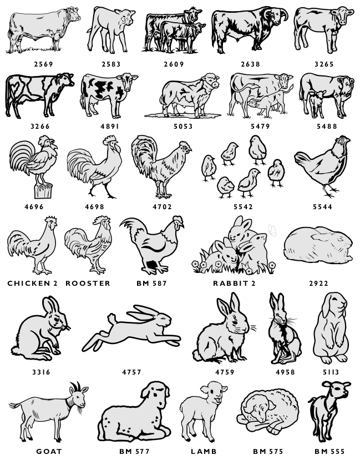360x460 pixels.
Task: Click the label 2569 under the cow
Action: pyautogui.click(x=43, y=64)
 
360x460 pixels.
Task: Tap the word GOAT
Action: pyautogui.click(x=49, y=451)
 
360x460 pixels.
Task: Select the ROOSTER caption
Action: pyautogui.click(x=88, y=283)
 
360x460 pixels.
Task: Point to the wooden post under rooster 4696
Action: pyautogui.click(x=43, y=191)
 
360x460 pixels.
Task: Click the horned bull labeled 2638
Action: pyautogui.click(x=250, y=29)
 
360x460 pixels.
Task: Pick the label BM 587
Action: pyautogui.click(x=151, y=283)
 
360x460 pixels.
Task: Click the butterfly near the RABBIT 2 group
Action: pyautogui.click(x=272, y=230)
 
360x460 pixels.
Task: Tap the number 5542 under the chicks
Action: pyautogui.click(x=243, y=206)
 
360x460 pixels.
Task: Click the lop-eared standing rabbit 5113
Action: pyautogui.click(x=331, y=328)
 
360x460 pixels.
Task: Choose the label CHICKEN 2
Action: pyautogui.click(x=33, y=283)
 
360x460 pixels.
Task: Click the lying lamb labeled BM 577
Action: pyautogui.click(x=134, y=411)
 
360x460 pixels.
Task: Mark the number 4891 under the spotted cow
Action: pyautogui.click(x=110, y=126)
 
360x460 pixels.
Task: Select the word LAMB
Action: pyautogui.click(x=204, y=451)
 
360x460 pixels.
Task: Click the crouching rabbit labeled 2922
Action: pyautogui.click(x=318, y=245)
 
